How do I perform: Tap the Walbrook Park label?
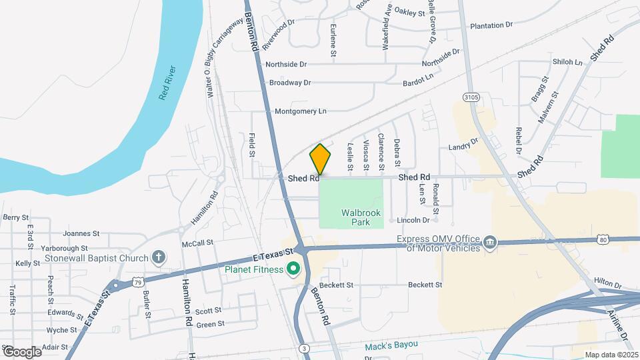(x=360, y=218)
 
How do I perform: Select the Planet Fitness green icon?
(x=293, y=270)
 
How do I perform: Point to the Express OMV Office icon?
(x=490, y=241)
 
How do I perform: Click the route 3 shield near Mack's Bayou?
(x=304, y=349)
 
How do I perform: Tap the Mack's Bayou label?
(x=391, y=345)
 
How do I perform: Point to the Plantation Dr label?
(x=491, y=25)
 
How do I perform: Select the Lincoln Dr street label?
(x=413, y=220)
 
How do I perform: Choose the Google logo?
(x=21, y=351)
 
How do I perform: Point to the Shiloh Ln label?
(x=567, y=61)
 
